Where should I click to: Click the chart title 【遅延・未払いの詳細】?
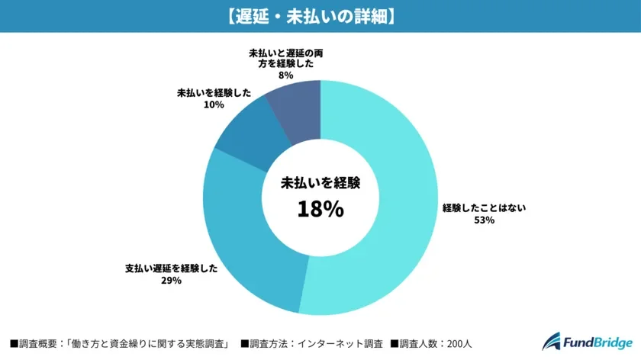click(320, 16)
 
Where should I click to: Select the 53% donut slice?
click(397, 198)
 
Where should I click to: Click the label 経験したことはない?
click(485, 207)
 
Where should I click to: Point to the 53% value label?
click(485, 220)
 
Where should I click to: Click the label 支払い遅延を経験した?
click(171, 268)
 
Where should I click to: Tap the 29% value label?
click(171, 281)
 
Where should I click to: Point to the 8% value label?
click(287, 77)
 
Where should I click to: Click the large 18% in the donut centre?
click(320, 209)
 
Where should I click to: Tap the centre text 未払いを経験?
click(320, 183)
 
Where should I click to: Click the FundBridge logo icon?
click(551, 342)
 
